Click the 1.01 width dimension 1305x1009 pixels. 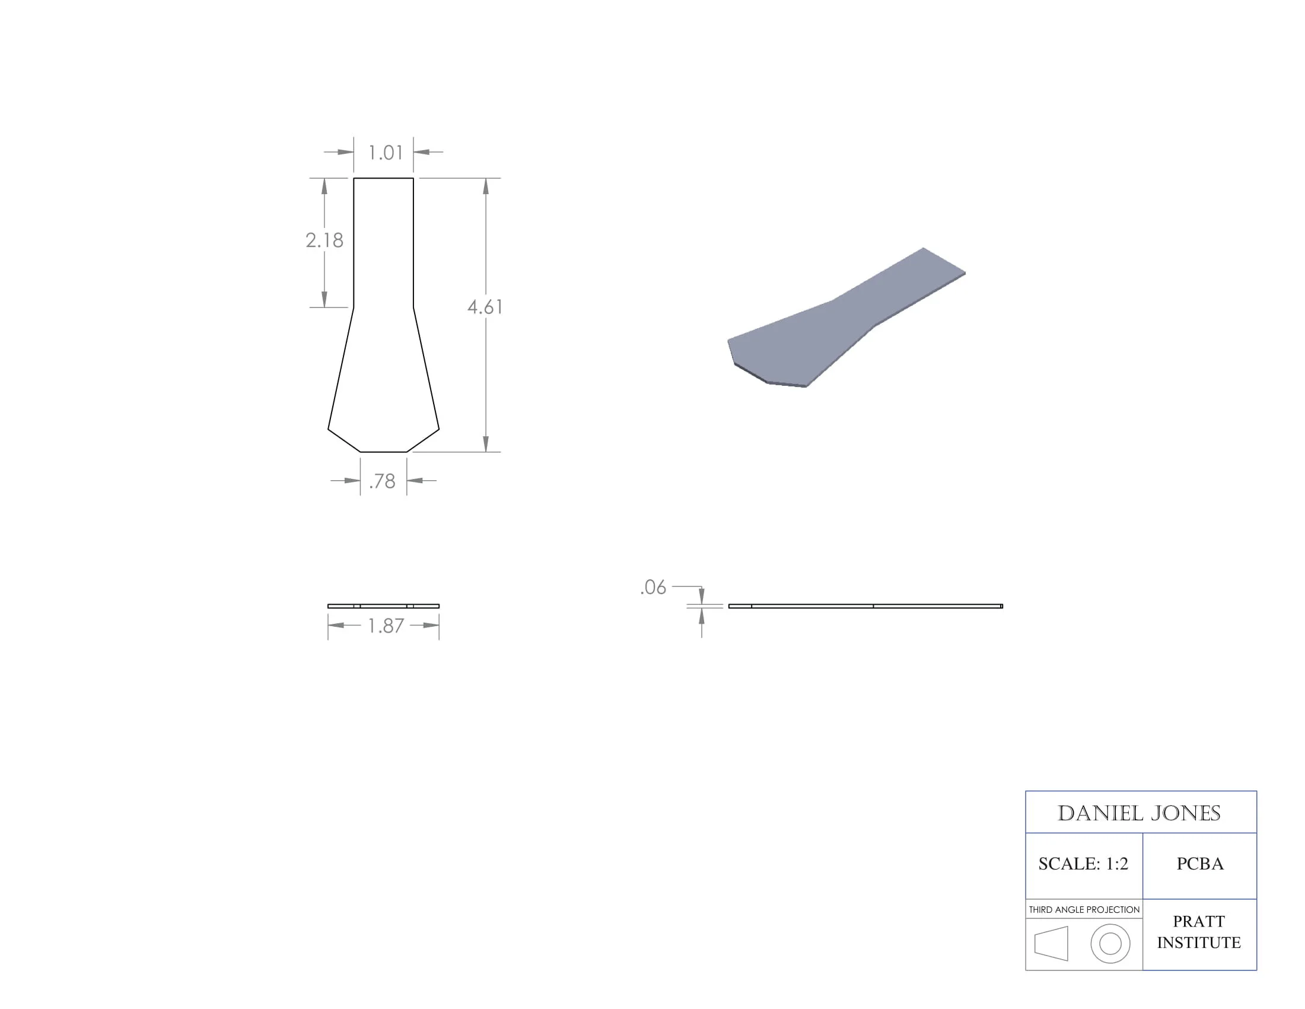click(386, 153)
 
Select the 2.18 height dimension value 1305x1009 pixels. click(324, 240)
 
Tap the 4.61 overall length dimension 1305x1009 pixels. click(485, 307)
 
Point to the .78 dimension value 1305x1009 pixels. click(383, 481)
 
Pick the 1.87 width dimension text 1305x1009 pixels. click(386, 626)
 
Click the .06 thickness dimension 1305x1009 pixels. click(653, 588)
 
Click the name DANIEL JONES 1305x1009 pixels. click(1139, 814)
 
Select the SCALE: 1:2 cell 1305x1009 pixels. click(1083, 864)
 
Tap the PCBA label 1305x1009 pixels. click(1200, 864)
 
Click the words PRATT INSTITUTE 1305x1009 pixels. click(1199, 932)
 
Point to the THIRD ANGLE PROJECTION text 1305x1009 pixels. click(1084, 910)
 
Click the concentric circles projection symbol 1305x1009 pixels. click(1110, 944)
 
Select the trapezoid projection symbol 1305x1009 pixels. click(1051, 944)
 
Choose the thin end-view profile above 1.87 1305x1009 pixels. click(384, 606)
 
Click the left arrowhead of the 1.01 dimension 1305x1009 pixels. click(345, 153)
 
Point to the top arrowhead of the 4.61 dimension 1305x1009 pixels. click(486, 186)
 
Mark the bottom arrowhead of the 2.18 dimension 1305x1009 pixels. click(324, 300)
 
